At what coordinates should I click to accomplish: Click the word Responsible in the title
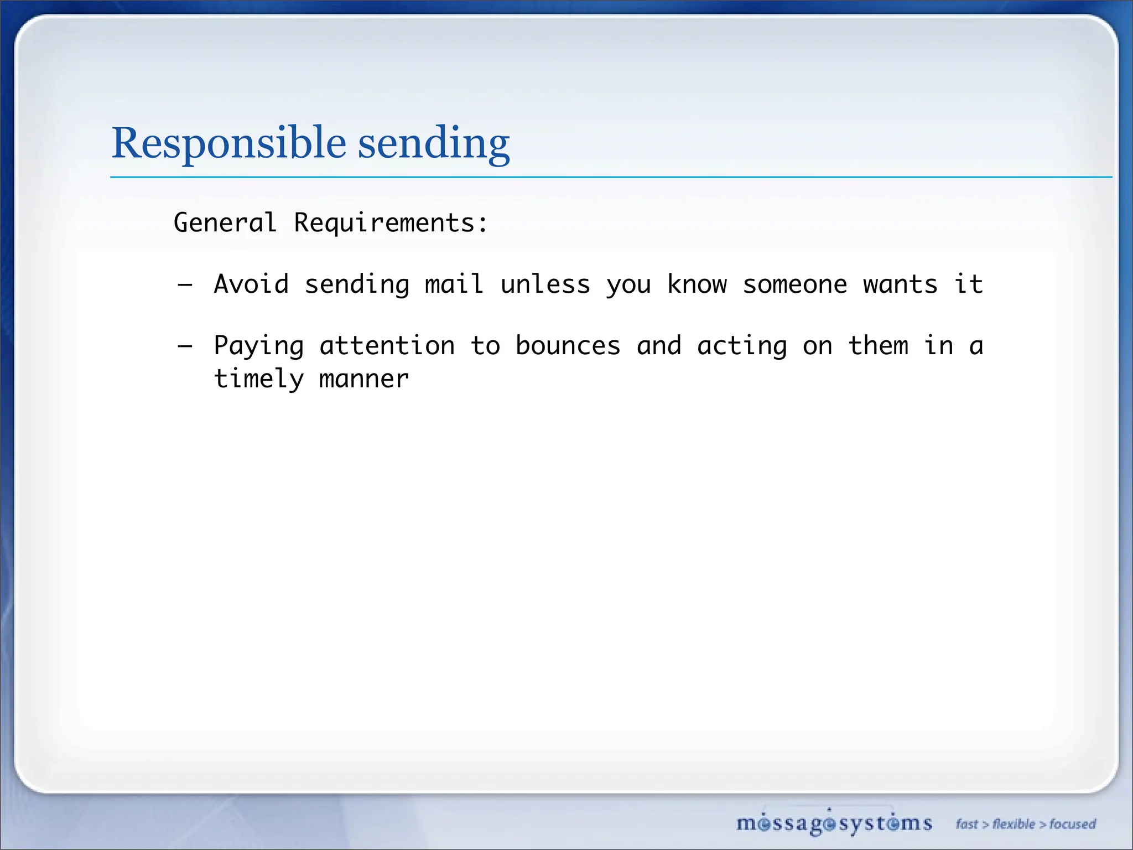click(x=229, y=143)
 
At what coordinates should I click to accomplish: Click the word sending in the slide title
click(x=434, y=143)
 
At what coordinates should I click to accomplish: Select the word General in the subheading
click(x=225, y=223)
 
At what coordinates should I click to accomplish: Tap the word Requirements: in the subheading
click(x=391, y=223)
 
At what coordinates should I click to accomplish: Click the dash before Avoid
click(x=185, y=286)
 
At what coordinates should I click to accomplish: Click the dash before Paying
click(x=185, y=347)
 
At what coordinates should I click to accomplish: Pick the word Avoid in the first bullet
click(x=252, y=284)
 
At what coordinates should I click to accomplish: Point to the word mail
click(x=454, y=284)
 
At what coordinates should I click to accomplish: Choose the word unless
click(x=545, y=284)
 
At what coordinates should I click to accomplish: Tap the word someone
click(x=794, y=284)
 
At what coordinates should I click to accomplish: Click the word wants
click(x=900, y=284)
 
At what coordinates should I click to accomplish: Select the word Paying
click(x=259, y=347)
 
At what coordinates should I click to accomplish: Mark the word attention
click(x=387, y=346)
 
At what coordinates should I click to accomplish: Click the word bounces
click(x=568, y=346)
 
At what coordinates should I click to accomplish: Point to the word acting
click(x=742, y=347)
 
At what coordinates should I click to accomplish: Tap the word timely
click(x=259, y=380)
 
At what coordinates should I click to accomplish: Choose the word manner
click(x=364, y=380)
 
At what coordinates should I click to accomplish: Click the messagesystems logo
click(x=834, y=823)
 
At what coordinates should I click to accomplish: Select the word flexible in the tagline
click(x=1014, y=824)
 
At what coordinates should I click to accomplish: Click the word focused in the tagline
click(x=1073, y=824)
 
